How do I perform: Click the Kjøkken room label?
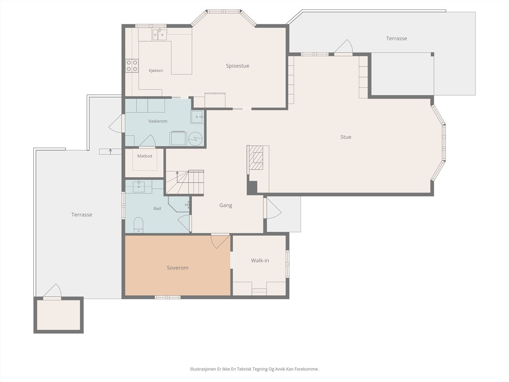click(x=156, y=70)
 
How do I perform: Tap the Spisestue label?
click(x=237, y=66)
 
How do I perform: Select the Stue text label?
click(x=346, y=137)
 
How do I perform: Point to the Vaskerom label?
click(x=158, y=121)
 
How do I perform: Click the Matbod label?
click(x=144, y=156)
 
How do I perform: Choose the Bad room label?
click(x=157, y=209)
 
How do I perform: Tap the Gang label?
click(x=226, y=205)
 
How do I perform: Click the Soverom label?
click(x=178, y=268)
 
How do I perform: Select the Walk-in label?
click(x=260, y=260)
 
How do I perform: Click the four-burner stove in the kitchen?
click(x=132, y=66)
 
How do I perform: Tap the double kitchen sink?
click(x=160, y=35)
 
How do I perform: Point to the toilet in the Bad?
click(x=138, y=225)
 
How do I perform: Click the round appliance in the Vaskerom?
click(x=195, y=139)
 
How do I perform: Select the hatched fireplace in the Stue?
click(x=256, y=158)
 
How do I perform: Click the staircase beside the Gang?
click(x=185, y=182)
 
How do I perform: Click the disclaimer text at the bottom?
click(x=254, y=369)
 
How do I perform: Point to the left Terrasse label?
click(x=82, y=215)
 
